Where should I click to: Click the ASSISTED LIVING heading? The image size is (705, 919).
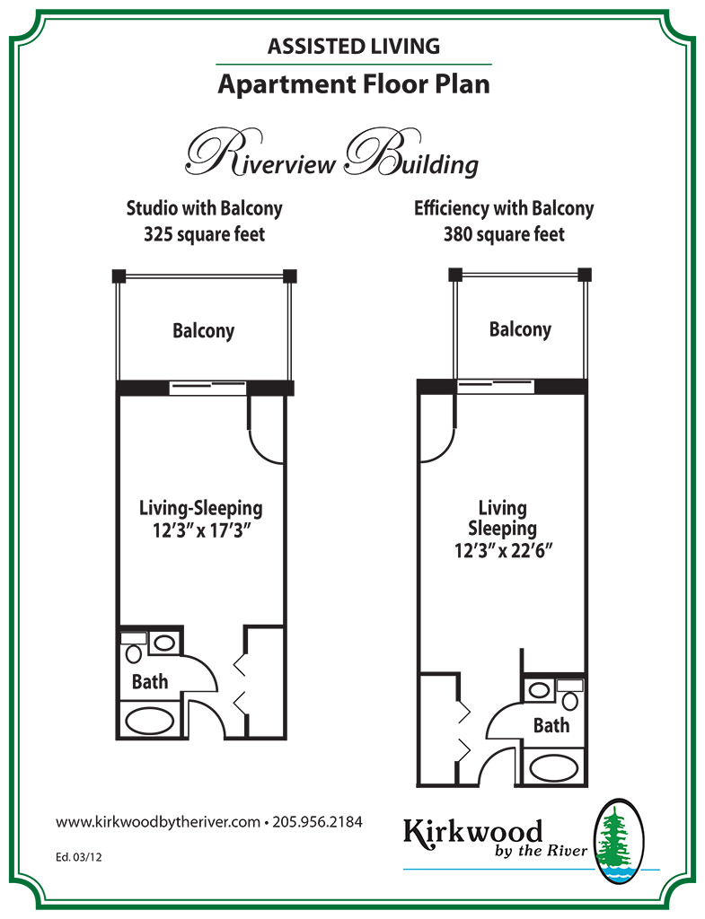click(353, 44)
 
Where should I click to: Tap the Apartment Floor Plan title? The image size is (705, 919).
click(353, 85)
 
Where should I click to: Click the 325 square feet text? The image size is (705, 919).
click(204, 235)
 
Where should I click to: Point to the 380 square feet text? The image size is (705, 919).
click(504, 235)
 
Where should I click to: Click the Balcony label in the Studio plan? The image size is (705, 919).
click(203, 330)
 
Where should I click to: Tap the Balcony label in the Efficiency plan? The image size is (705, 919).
click(520, 329)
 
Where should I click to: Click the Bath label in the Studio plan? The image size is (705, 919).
click(150, 681)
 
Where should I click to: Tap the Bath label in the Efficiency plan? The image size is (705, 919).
click(551, 725)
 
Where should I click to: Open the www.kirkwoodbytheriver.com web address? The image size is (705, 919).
click(158, 821)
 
